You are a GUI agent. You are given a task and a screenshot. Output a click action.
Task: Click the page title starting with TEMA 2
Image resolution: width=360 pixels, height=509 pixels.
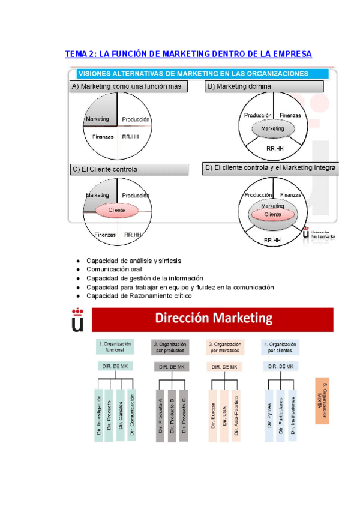click(x=188, y=54)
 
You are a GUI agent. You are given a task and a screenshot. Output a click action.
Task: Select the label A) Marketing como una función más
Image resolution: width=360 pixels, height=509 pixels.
click(x=126, y=87)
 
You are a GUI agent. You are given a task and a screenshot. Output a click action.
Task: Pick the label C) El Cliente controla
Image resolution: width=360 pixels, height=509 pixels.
click(x=104, y=169)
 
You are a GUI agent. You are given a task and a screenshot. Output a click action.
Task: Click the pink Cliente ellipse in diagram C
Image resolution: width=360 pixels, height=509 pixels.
click(x=116, y=211)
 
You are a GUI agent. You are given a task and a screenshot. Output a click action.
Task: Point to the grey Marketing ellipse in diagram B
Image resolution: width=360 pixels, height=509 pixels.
click(x=273, y=129)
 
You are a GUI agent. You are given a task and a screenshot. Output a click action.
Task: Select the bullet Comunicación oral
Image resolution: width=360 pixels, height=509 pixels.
click(x=114, y=270)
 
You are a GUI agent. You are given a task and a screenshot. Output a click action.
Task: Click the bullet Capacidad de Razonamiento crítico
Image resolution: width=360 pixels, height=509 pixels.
click(x=139, y=296)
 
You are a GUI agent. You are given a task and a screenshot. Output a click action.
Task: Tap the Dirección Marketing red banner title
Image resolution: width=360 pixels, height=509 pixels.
click(x=215, y=318)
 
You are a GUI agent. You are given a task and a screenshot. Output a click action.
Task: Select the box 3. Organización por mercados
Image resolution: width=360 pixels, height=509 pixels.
click(x=225, y=348)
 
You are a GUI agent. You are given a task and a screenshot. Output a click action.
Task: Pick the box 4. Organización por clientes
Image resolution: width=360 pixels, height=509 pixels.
click(x=281, y=348)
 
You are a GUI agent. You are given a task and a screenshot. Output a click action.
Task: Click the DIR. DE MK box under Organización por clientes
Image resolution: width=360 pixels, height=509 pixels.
click(x=281, y=367)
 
